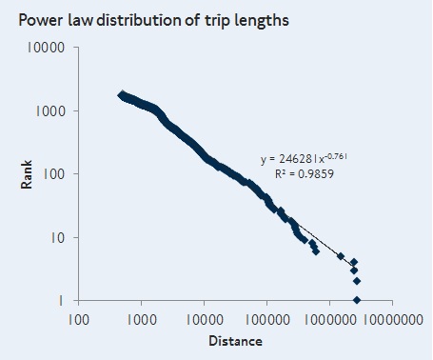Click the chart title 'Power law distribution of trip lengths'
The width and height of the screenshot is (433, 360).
[x=154, y=21]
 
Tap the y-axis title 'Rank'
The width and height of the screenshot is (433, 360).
[x=27, y=174]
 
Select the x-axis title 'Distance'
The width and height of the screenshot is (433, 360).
[x=235, y=341]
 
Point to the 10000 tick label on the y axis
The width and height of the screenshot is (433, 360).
[x=46, y=48]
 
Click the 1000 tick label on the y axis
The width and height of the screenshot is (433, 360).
[x=50, y=111]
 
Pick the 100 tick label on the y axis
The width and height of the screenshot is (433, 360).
[x=53, y=174]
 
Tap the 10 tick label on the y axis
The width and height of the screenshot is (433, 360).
[x=58, y=237]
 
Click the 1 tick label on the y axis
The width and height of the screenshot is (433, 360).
[x=61, y=300]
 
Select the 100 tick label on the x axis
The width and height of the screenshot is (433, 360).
[x=79, y=319]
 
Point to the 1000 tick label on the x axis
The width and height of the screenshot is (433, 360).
[x=142, y=319]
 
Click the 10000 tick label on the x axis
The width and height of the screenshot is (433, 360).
[x=205, y=319]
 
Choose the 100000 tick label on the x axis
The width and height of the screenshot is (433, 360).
[x=267, y=319]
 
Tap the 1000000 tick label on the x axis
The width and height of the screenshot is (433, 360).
[x=330, y=319]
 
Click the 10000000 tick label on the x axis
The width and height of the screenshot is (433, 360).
[x=393, y=319]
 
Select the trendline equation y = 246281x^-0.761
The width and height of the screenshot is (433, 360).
[x=304, y=158]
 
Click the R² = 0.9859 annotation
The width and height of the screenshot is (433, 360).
[x=305, y=173]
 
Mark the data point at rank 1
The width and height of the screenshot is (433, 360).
[x=357, y=300]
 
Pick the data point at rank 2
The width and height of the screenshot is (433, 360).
[x=357, y=281]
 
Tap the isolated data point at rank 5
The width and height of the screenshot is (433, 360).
[x=341, y=256]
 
